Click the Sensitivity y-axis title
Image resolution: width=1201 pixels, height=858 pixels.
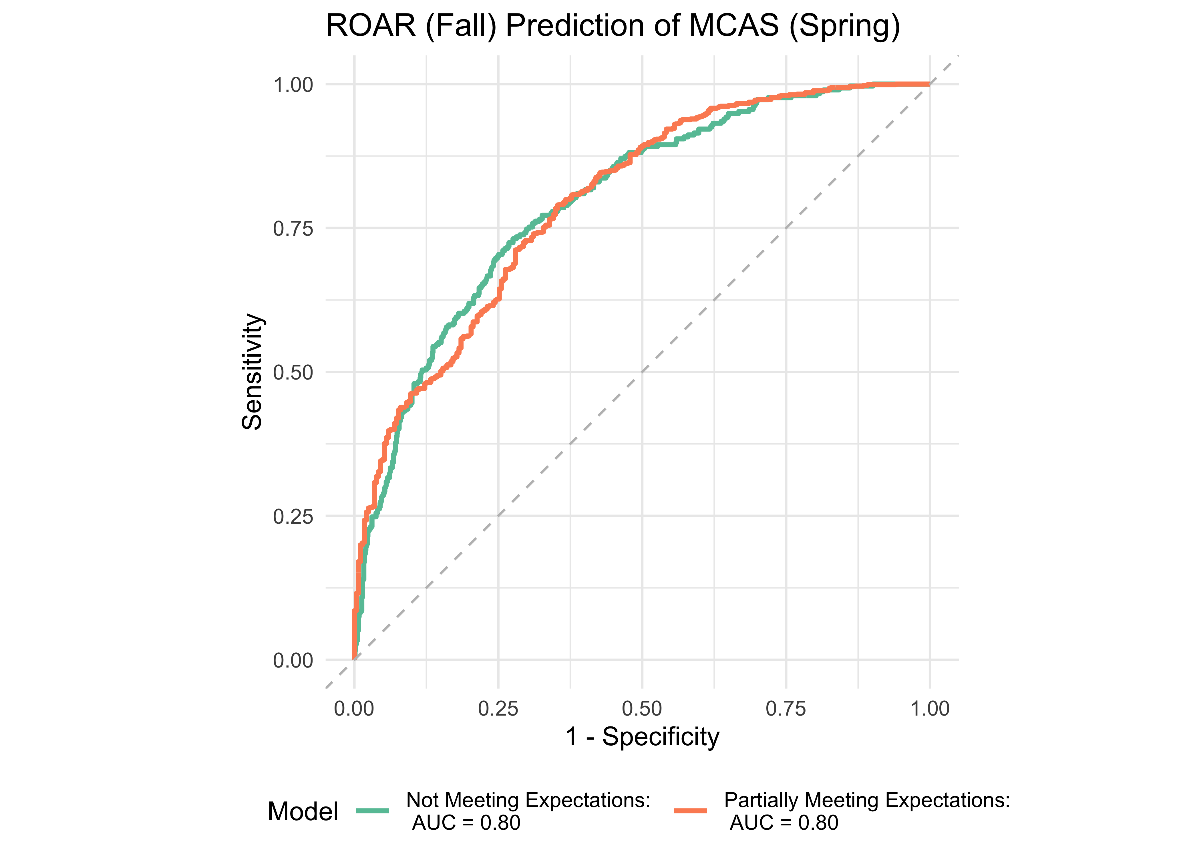click(x=252, y=372)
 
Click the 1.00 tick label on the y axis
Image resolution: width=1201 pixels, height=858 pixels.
click(x=293, y=85)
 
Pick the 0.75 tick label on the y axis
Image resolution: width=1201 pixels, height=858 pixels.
click(x=293, y=229)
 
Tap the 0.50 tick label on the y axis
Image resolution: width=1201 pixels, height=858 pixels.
click(x=293, y=372)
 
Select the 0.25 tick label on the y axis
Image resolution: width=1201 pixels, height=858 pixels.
click(x=293, y=516)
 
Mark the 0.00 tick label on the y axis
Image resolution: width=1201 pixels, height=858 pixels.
click(x=293, y=660)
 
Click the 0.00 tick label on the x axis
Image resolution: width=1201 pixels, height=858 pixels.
click(x=354, y=708)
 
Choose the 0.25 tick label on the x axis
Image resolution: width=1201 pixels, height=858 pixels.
click(x=498, y=708)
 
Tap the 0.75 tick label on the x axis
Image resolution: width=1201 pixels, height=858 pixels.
click(x=786, y=708)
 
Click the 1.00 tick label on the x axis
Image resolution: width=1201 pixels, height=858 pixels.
click(x=930, y=708)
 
